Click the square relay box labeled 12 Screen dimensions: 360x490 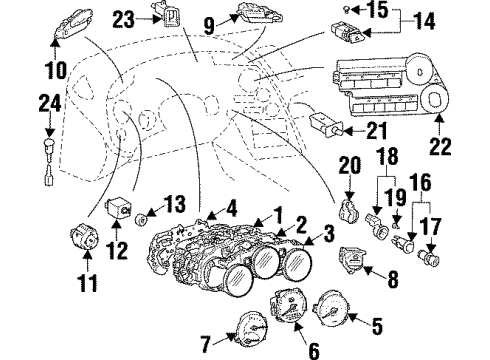(122, 207)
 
